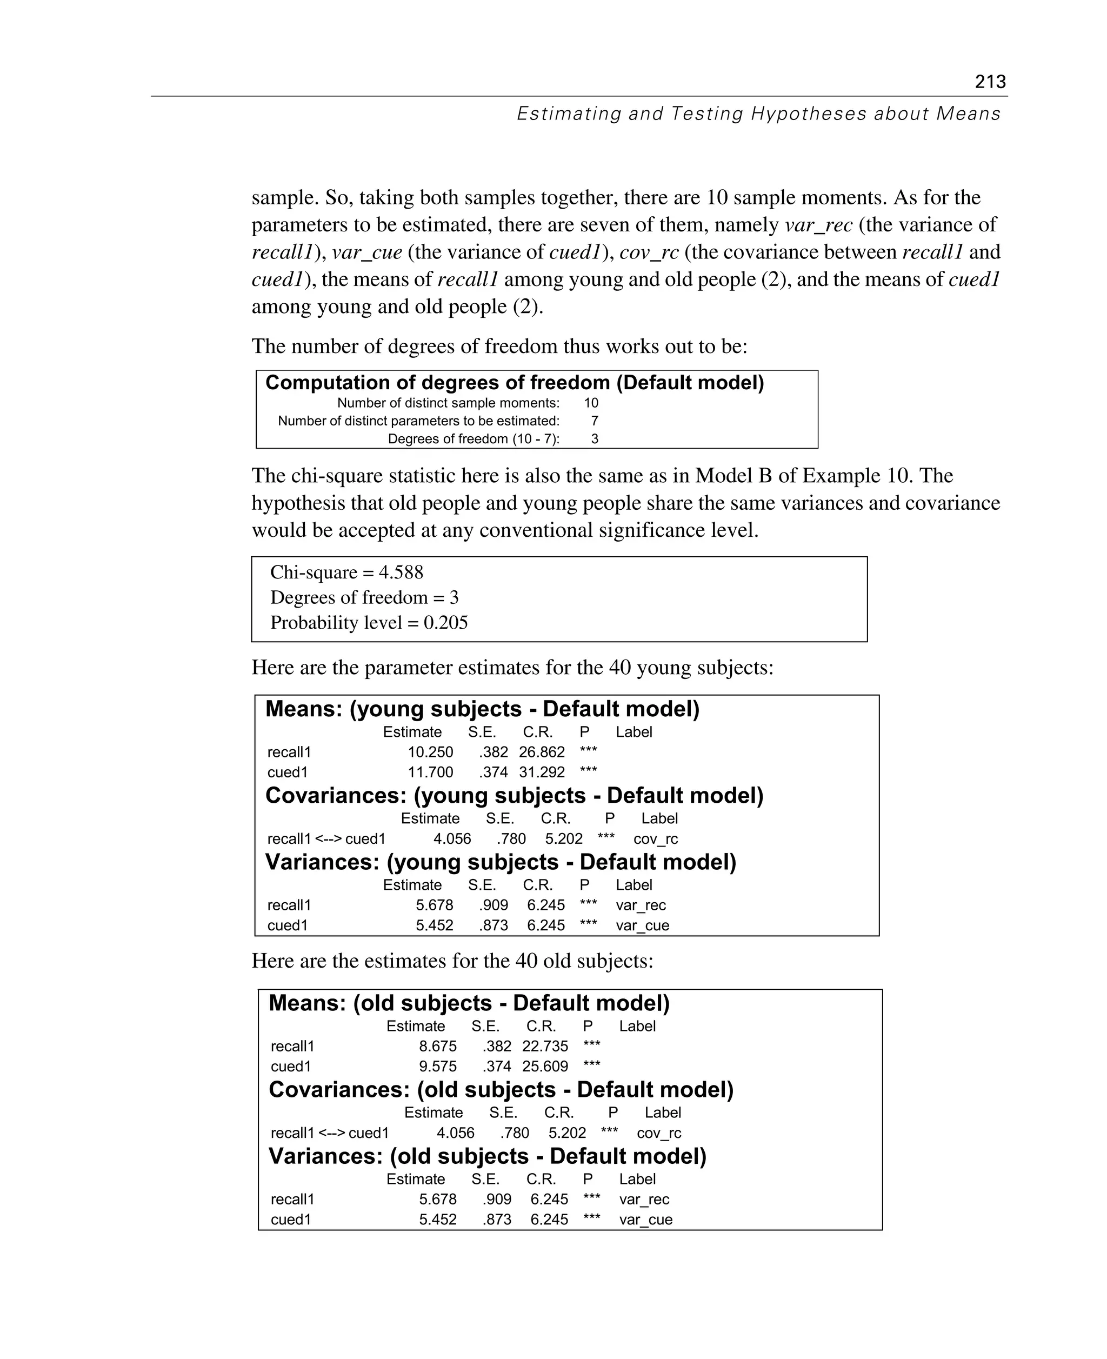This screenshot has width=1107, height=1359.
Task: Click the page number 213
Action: pyautogui.click(x=990, y=82)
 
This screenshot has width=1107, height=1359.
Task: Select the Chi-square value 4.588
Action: pyautogui.click(x=401, y=572)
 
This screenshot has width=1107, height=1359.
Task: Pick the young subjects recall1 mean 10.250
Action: pyautogui.click(x=430, y=752)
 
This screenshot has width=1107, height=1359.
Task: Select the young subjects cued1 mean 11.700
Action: pyautogui.click(x=430, y=772)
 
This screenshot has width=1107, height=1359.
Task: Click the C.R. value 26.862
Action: pyautogui.click(x=542, y=752)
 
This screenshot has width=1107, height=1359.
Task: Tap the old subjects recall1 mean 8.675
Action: pyautogui.click(x=437, y=1046)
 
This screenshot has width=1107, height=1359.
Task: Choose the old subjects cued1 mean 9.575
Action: pyautogui.click(x=437, y=1067)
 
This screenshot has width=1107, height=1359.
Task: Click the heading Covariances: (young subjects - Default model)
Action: pyautogui.click(x=514, y=795)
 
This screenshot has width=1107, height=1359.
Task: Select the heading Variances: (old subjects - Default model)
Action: pyautogui.click(x=487, y=1156)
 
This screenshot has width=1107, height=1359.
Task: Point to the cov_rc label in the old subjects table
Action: pyautogui.click(x=659, y=1132)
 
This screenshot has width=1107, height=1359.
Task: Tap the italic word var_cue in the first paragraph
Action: pyautogui.click(x=366, y=252)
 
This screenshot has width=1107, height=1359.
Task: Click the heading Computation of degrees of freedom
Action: pyautogui.click(x=514, y=383)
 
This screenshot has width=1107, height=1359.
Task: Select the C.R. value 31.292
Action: pyautogui.click(x=542, y=772)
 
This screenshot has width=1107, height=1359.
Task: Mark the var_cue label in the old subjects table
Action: pyautogui.click(x=645, y=1220)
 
